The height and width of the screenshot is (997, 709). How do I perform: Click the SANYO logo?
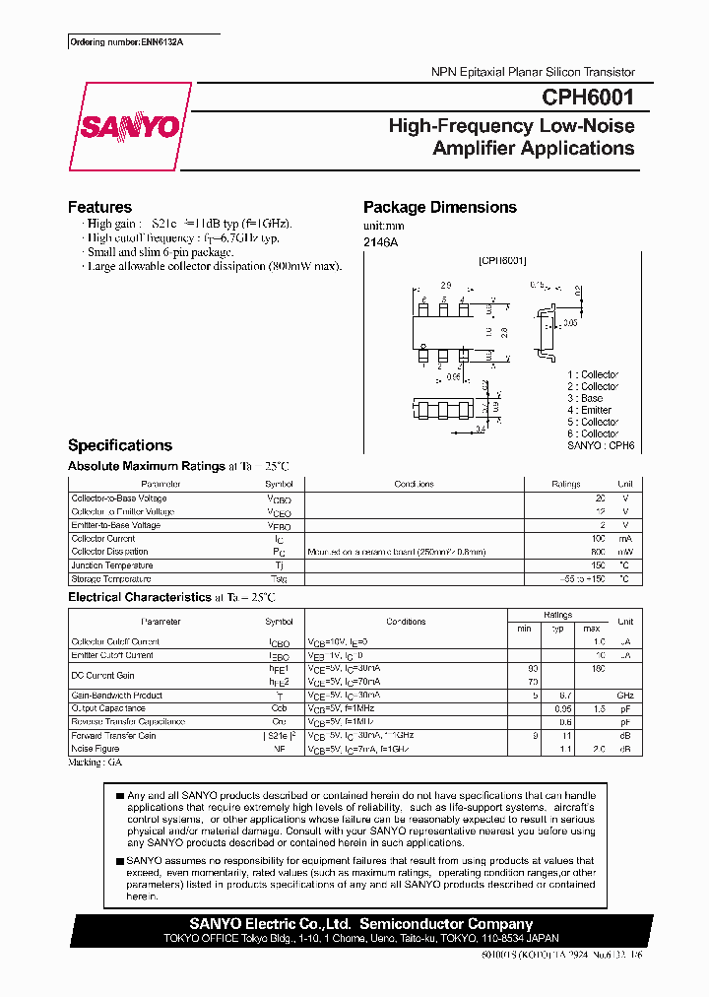point(128,127)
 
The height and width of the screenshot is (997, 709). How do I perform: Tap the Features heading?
point(99,207)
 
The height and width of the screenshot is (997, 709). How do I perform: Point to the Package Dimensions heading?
point(439,207)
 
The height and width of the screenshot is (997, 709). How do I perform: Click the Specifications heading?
point(119,445)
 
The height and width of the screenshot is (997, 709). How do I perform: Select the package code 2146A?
point(381,241)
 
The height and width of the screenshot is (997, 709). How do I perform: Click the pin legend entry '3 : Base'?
point(584,398)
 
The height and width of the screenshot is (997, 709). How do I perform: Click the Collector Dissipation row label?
point(109,552)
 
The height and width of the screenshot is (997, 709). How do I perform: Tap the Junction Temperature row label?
point(111,565)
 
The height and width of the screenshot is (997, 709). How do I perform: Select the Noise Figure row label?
point(95,749)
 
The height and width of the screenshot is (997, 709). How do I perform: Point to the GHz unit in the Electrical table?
point(624,695)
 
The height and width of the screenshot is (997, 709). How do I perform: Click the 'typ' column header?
point(557,629)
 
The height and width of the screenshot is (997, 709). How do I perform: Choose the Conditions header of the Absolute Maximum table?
point(414,484)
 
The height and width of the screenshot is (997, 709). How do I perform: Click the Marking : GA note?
point(95,763)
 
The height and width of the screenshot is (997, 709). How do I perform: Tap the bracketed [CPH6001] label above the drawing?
point(502,260)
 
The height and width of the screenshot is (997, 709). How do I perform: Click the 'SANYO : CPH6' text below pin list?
point(600,445)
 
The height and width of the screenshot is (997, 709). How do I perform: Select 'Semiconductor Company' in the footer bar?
point(446,924)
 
